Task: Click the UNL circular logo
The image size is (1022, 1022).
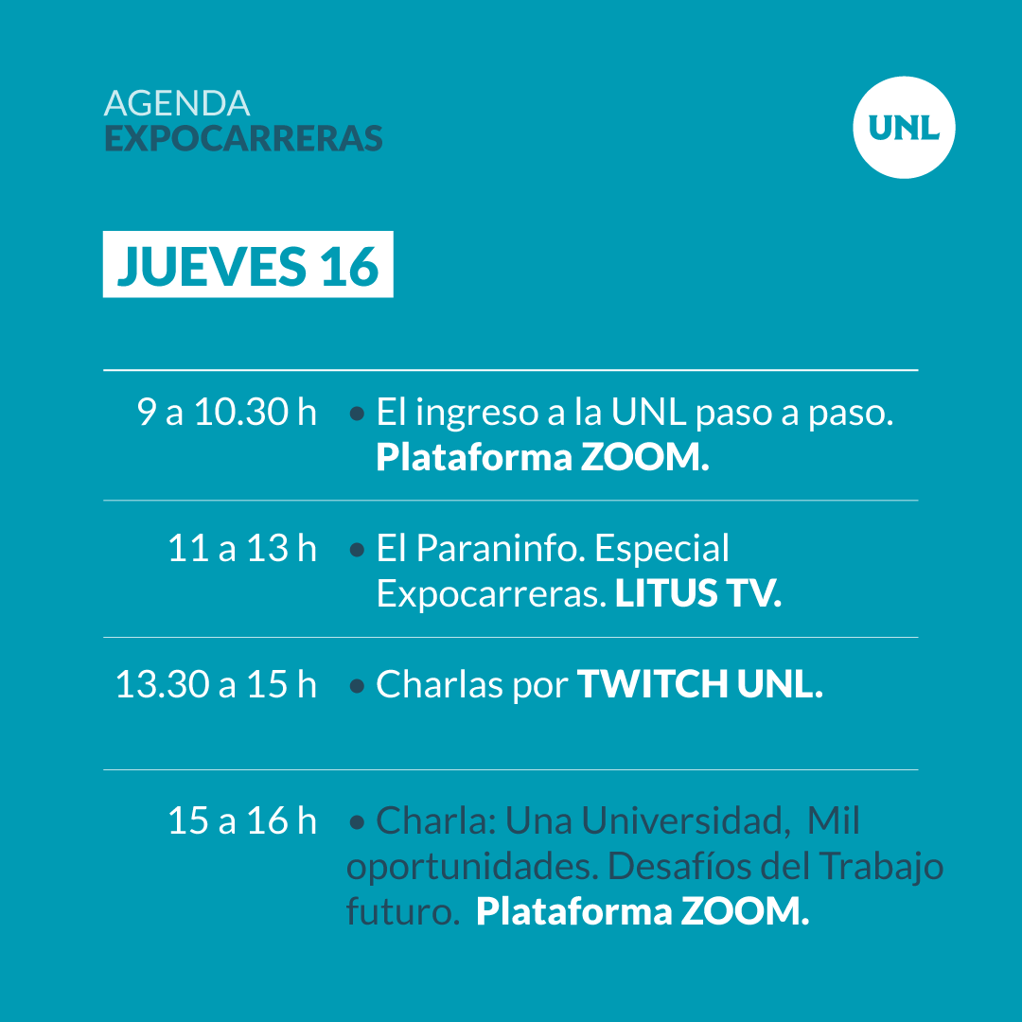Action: pos(904,127)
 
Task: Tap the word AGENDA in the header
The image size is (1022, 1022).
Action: pos(177,103)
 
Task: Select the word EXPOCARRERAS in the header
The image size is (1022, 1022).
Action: pos(243,138)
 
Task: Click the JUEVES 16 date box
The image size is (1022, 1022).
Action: pos(248,264)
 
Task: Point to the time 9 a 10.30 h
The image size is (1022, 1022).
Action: pos(227,412)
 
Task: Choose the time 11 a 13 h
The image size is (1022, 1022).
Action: pos(242,548)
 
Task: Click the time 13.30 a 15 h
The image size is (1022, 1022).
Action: pos(216,684)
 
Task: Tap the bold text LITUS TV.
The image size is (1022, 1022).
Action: pos(698,593)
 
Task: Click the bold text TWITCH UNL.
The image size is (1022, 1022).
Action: pos(700,684)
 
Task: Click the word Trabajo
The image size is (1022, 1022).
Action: pos(882,867)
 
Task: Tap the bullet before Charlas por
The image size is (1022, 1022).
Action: pos(357,686)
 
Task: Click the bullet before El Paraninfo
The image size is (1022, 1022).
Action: pos(357,550)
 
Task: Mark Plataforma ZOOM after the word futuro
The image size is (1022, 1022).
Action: pos(643,910)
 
